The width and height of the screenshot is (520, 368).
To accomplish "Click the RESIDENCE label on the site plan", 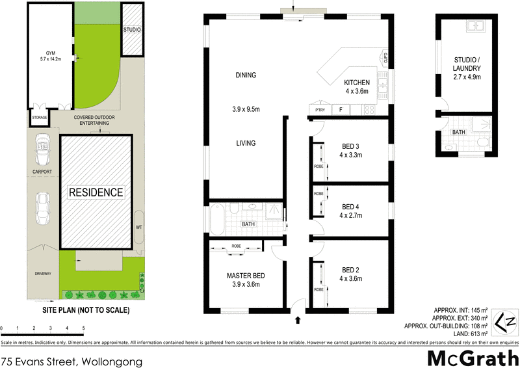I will (x=96, y=192).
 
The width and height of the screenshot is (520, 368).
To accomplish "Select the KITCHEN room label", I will (x=357, y=87).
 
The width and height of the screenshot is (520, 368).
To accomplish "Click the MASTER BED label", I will (x=246, y=280).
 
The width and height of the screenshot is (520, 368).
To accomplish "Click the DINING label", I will (x=246, y=75).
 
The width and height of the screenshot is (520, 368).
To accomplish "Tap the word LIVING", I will (x=246, y=143).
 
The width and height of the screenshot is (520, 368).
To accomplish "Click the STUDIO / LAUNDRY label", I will (x=467, y=68).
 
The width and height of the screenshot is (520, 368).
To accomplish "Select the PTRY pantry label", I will (x=319, y=110).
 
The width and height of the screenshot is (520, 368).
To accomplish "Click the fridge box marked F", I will (x=341, y=110).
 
